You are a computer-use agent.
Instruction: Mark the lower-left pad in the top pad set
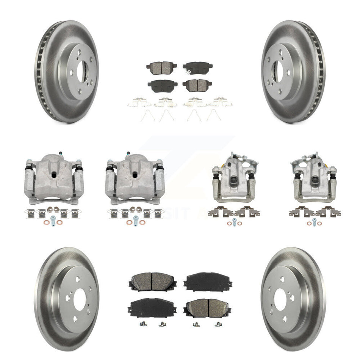click(162, 86)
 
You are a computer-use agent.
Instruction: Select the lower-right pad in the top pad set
click(197, 85)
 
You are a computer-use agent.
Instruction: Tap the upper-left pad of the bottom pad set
click(152, 282)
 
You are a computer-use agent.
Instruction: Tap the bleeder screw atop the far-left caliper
click(60, 154)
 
